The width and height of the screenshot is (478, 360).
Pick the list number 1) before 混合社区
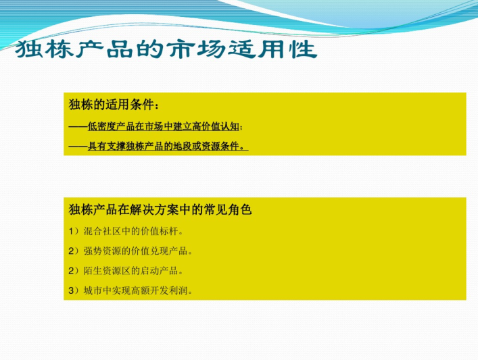tap(74, 231)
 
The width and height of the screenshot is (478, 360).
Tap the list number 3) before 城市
tap(74, 290)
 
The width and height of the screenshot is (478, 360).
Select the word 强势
tap(93, 251)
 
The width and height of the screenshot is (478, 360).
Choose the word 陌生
tap(93, 271)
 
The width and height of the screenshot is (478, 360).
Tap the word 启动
tap(149, 271)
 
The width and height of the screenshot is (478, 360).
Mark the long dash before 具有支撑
tap(78, 147)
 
